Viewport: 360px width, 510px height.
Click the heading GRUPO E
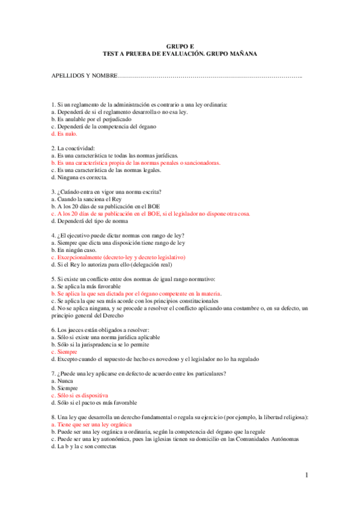pyautogui.click(x=180, y=46)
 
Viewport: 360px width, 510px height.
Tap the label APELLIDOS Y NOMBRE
pyautogui.click(x=84, y=76)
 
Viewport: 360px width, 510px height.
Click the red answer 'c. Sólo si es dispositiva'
pyautogui.click(x=80, y=395)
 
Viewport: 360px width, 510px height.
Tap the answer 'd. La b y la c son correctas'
pyautogui.click(x=84, y=446)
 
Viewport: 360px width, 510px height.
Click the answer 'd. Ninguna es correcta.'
pyautogui.click(x=80, y=177)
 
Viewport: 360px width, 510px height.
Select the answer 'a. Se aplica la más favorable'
pyautogui.click(x=88, y=286)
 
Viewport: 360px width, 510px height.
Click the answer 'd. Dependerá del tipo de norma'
pyautogui.click(x=91, y=221)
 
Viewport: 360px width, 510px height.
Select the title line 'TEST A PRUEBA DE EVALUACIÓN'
pyautogui.click(x=180, y=54)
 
